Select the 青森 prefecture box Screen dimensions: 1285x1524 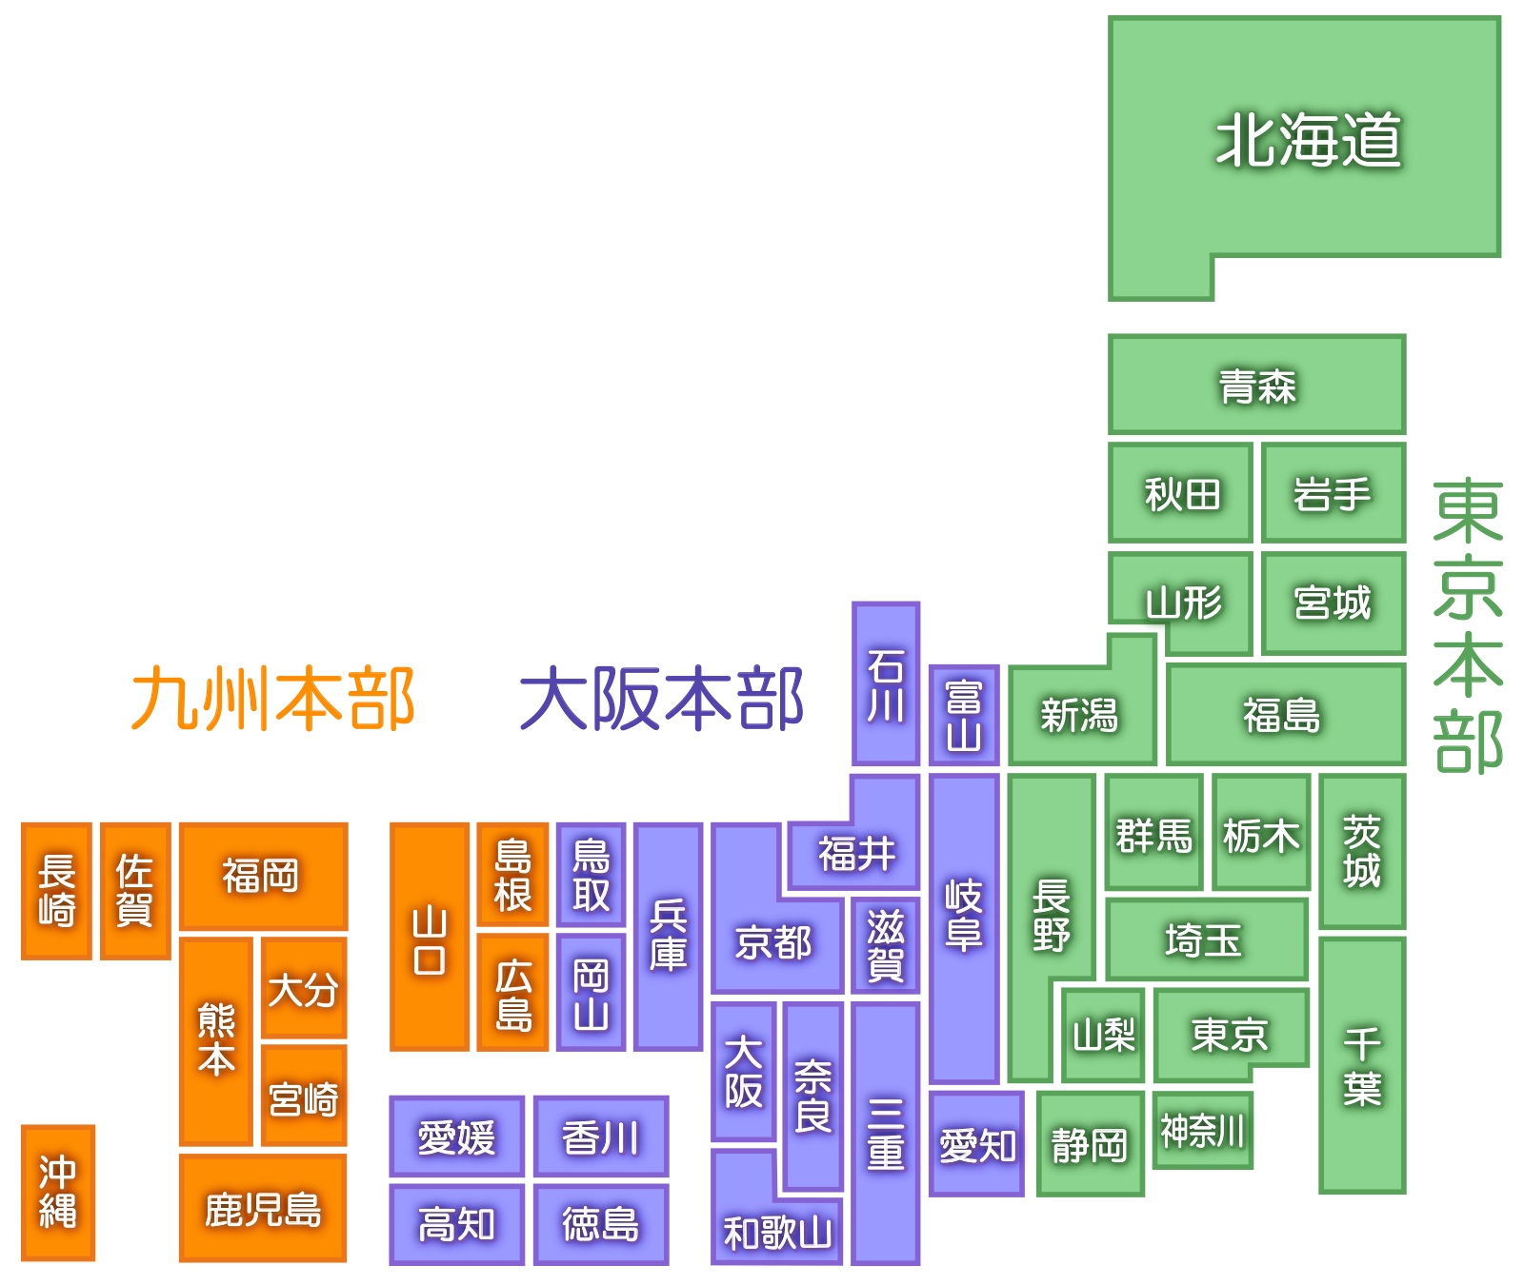point(1256,385)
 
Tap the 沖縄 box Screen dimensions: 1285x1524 point(58,1192)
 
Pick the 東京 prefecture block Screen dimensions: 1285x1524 point(1230,1035)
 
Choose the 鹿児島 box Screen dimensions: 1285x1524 point(263,1209)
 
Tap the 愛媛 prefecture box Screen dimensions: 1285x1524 point(456,1137)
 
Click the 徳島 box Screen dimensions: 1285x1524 point(600,1224)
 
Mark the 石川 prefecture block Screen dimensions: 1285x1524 point(886,683)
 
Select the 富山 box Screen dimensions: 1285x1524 point(964,716)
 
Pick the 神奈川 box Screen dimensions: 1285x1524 point(1202,1131)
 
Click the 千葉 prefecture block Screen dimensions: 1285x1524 point(1362,1066)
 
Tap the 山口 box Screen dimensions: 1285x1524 point(430,938)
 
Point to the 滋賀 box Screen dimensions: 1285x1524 point(886,944)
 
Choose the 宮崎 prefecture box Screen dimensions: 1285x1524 point(304,1097)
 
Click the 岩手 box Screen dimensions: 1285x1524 point(1333,493)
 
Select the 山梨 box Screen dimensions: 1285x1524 point(1103,1035)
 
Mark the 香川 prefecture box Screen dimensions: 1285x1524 point(600,1137)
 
